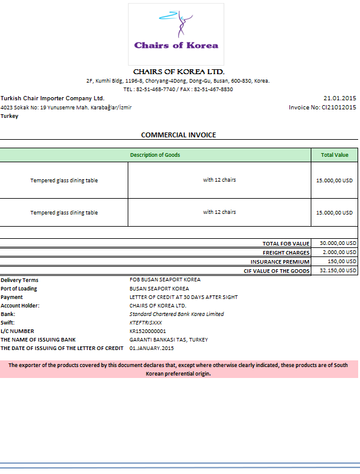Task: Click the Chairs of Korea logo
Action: tap(176, 33)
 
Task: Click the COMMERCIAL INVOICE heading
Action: tap(178, 135)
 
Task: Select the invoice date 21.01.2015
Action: tap(340, 98)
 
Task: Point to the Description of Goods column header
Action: tap(155, 155)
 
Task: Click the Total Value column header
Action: tap(334, 155)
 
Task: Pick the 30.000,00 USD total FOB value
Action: tap(334, 243)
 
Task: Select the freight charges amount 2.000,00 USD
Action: tap(336, 252)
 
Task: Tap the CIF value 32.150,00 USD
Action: tap(334, 270)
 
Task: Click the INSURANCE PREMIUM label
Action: tap(280, 261)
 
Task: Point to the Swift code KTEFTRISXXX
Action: tap(146, 323)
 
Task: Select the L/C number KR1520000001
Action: tap(148, 331)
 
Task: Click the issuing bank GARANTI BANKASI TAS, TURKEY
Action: tap(168, 340)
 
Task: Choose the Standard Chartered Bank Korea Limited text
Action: tap(176, 314)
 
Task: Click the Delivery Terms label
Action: tap(19, 280)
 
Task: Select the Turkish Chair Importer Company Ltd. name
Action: tap(52, 98)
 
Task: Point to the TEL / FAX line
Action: tap(178, 89)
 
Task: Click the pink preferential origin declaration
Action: tap(179, 369)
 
